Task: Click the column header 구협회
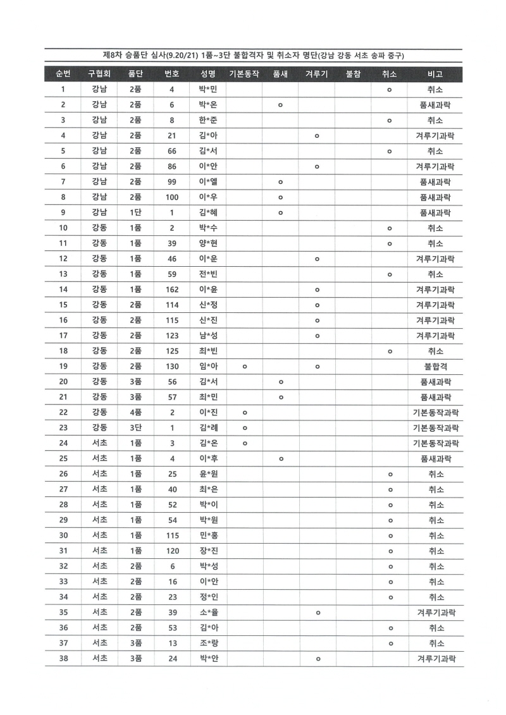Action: pyautogui.click(x=99, y=74)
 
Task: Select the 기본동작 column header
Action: pyautogui.click(x=244, y=74)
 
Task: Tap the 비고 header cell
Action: pyautogui.click(x=435, y=74)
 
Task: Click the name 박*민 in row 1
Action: pyautogui.click(x=208, y=90)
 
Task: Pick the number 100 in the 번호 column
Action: pyautogui.click(x=172, y=197)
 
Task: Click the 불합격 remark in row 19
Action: pyautogui.click(x=435, y=367)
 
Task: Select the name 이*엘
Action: pyautogui.click(x=208, y=182)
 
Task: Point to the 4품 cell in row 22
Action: pyautogui.click(x=135, y=413)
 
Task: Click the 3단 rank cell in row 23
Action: pyautogui.click(x=135, y=428)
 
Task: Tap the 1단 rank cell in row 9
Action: pyautogui.click(x=135, y=213)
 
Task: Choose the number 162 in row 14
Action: pyautogui.click(x=172, y=290)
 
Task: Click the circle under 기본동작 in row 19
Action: pyautogui.click(x=244, y=367)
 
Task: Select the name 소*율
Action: pyautogui.click(x=208, y=613)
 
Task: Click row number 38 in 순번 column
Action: pyautogui.click(x=63, y=659)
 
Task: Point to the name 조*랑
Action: pyautogui.click(x=208, y=644)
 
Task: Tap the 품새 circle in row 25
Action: pyautogui.click(x=281, y=459)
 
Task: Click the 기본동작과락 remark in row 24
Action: pyautogui.click(x=435, y=443)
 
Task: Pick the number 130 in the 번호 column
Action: pyautogui.click(x=172, y=367)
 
